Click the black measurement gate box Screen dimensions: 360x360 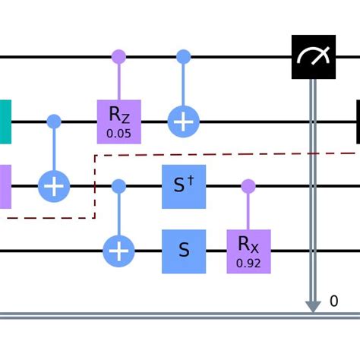[313, 57]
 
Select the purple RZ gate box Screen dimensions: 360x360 [119, 121]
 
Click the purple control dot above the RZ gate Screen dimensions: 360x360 [119, 57]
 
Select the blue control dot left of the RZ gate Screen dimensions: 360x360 [54, 121]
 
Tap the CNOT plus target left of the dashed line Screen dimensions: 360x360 [54, 185]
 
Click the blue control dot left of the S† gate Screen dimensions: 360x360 [119, 185]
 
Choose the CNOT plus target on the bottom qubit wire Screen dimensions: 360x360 [119, 250]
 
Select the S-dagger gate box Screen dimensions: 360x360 [184, 185]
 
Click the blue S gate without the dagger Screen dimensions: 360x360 [184, 250]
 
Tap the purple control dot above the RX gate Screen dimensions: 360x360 [248, 185]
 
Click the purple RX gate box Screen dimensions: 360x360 [248, 250]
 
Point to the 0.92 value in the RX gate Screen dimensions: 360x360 [248, 262]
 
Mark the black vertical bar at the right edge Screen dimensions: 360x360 [357, 121]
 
